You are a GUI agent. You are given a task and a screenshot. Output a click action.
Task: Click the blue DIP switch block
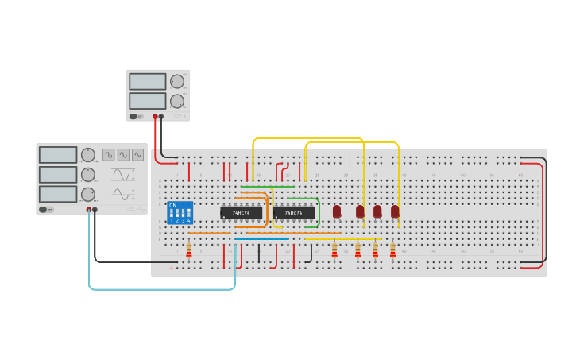pos(180,213)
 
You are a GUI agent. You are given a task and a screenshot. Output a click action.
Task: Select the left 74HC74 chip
pos(241,213)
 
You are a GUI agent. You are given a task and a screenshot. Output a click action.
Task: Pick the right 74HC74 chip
pos(293,213)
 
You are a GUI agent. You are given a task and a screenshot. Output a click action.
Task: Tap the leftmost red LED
pos(337,211)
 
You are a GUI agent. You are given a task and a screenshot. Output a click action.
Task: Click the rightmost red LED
pos(395,211)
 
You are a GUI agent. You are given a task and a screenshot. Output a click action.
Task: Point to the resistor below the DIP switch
pos(189,251)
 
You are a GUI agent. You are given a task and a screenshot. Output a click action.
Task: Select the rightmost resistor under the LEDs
pos(392,251)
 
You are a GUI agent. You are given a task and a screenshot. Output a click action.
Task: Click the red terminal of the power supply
pos(155,116)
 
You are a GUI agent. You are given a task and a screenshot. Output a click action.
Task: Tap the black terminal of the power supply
pos(161,116)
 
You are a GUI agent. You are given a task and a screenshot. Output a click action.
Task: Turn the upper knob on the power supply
pos(176,81)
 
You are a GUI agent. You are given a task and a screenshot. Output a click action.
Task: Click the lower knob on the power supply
pos(176,101)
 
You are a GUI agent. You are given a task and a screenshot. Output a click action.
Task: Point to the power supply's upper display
pos(147,81)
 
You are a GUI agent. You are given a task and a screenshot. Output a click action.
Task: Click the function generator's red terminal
pos(89,210)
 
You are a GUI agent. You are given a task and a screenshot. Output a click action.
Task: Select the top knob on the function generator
pos(88,154)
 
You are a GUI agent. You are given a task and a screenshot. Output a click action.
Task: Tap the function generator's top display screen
pos(58,154)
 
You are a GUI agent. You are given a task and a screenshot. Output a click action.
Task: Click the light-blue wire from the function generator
pos(159,288)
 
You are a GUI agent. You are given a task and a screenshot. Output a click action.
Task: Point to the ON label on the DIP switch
pos(172,205)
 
